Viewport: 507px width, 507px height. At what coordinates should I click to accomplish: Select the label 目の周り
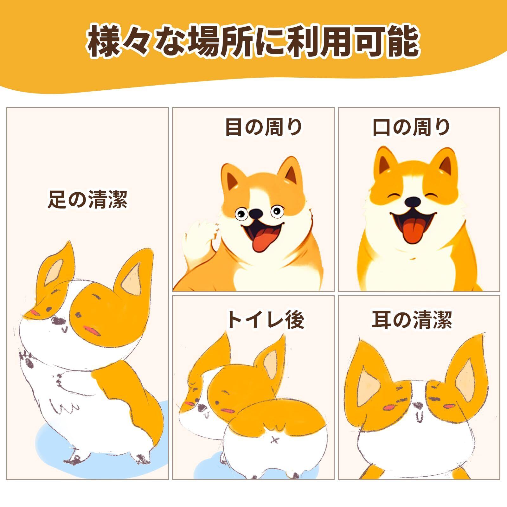264,127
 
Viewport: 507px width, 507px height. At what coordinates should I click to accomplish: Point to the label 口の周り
411,127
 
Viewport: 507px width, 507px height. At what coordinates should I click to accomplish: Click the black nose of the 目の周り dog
256,214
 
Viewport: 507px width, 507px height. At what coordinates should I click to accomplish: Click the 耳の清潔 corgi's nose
418,405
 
